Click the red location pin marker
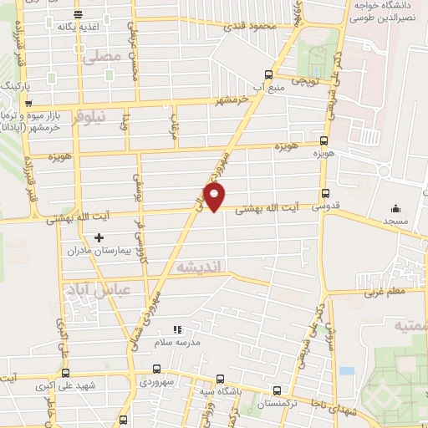215,197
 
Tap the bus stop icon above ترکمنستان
278,390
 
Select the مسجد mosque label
395,221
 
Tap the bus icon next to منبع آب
267,74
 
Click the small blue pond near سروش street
342,370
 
